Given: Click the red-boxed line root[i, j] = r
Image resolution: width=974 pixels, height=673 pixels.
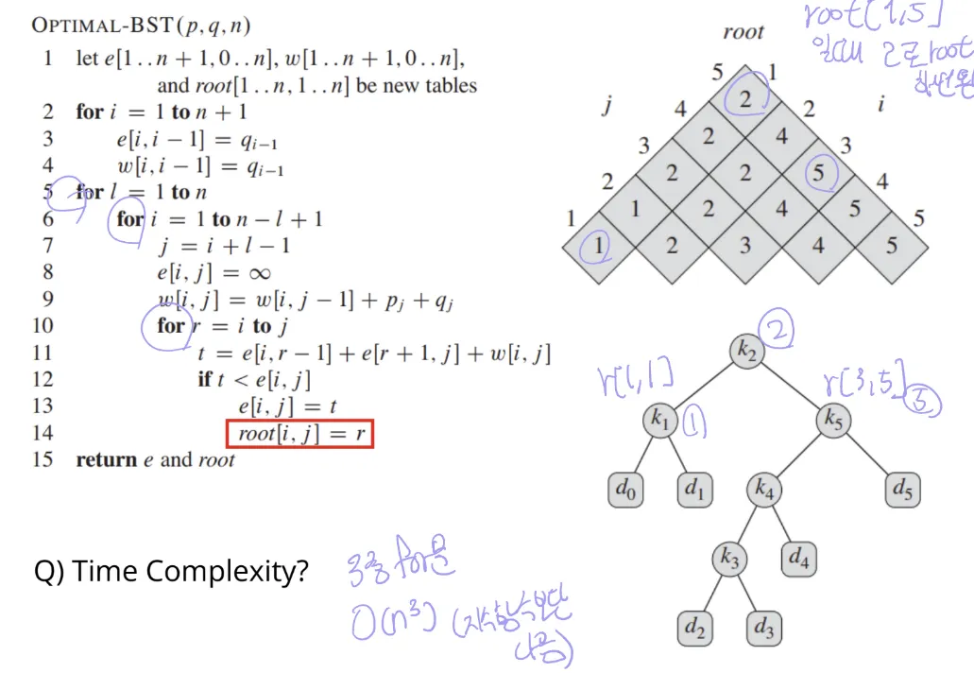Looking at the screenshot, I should point(300,434).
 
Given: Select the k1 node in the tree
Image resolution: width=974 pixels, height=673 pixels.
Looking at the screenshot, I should point(658,421).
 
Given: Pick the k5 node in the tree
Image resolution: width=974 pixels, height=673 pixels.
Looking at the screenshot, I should point(831,421).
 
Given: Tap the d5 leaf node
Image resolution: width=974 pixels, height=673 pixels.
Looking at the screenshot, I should point(902,491).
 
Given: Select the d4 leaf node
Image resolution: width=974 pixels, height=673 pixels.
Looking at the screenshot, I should point(798,560).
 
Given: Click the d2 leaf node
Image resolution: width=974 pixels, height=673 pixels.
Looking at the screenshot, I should point(693,629).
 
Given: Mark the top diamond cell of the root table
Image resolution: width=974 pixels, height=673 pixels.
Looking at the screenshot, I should point(745,99).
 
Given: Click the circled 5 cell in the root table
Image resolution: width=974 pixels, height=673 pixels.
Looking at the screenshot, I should point(818,173).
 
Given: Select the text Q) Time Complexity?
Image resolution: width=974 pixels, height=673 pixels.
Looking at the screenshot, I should point(171,572).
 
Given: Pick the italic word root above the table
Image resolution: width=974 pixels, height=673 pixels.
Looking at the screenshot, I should point(743,32).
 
